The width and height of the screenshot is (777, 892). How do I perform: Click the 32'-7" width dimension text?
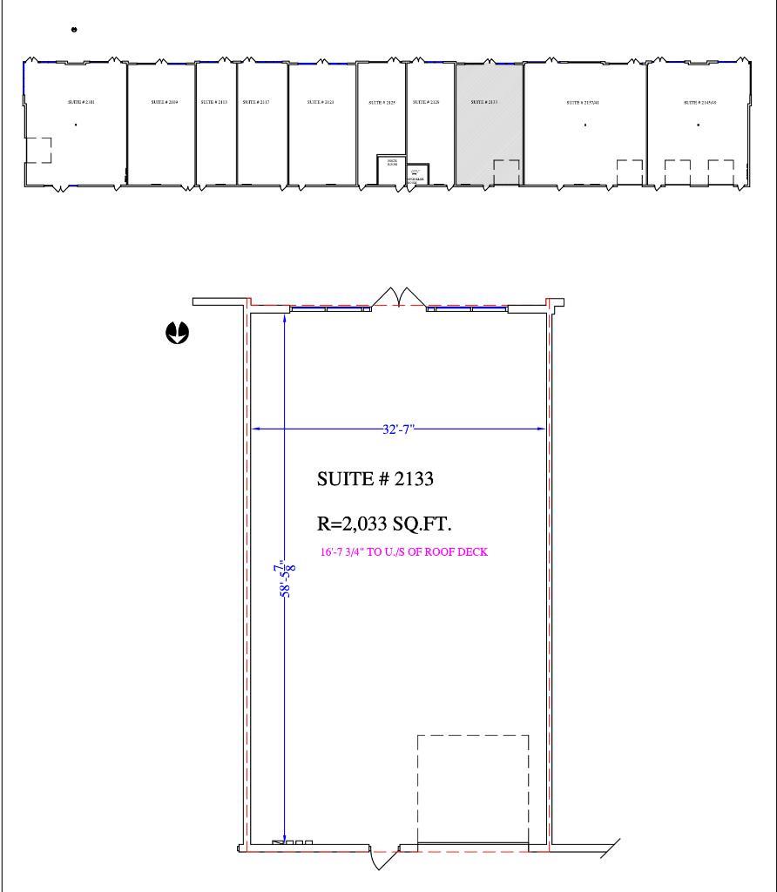pyautogui.click(x=399, y=429)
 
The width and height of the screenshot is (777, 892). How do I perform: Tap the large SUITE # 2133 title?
pyautogui.click(x=375, y=479)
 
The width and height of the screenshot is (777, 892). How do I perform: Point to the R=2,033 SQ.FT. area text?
pyautogui.click(x=383, y=524)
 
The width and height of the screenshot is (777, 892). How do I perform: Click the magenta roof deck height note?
pyautogui.click(x=404, y=551)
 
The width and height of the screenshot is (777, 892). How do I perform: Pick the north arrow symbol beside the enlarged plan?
pyautogui.click(x=178, y=333)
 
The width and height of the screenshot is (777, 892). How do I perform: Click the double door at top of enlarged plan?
pyautogui.click(x=399, y=297)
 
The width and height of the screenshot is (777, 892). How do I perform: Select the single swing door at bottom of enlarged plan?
pyautogui.click(x=383, y=857)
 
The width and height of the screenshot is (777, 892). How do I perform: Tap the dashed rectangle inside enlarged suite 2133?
pyautogui.click(x=473, y=789)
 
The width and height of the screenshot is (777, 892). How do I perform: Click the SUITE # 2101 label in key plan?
pyautogui.click(x=81, y=102)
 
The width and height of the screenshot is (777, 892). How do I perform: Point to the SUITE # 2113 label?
pyautogui.click(x=213, y=102)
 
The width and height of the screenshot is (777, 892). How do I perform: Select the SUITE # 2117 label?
pyautogui.click(x=255, y=102)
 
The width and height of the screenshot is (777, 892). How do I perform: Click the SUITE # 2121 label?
pyautogui.click(x=320, y=102)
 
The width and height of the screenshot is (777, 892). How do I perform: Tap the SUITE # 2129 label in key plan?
pyautogui.click(x=426, y=102)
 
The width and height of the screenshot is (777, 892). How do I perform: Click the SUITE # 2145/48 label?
pyautogui.click(x=698, y=102)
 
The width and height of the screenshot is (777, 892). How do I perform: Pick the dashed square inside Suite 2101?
pyautogui.click(x=37, y=150)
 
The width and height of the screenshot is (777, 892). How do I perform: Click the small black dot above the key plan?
pyautogui.click(x=75, y=30)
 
